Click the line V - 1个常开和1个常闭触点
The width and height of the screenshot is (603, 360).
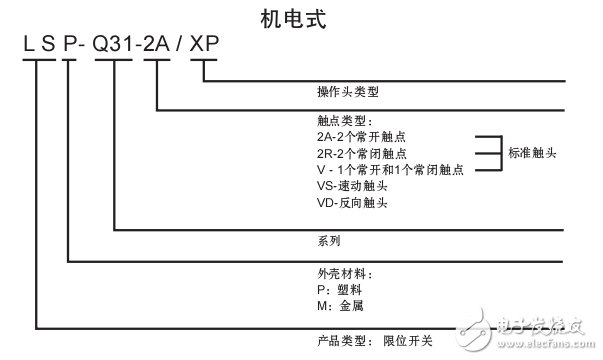389,170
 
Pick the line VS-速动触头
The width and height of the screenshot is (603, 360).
351,186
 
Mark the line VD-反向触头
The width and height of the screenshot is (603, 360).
351,203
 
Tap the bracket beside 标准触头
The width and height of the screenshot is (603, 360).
487,153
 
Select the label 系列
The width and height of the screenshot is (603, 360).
328,241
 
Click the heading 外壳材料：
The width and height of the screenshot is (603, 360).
342,273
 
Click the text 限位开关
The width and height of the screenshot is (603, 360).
407,340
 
